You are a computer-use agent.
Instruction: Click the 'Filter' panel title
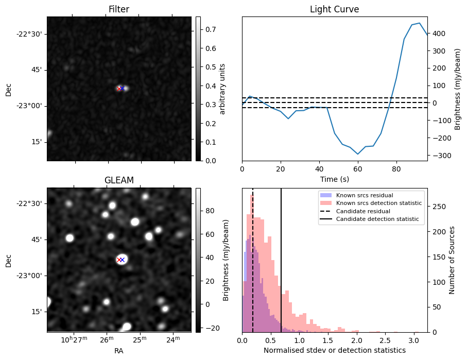[118, 9]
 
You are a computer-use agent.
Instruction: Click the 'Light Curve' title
[334, 9]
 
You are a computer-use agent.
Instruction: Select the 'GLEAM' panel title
[118, 180]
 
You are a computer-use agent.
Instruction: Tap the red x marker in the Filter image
[119, 89]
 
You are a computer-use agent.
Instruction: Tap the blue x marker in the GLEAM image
[123, 260]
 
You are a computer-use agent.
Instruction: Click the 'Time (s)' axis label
[334, 178]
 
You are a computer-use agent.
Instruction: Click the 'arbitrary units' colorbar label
[222, 89]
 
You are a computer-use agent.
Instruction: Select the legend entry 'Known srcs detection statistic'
[378, 203]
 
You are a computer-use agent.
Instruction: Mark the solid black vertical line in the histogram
[281, 268]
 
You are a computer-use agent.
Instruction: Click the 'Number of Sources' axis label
[452, 260]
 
